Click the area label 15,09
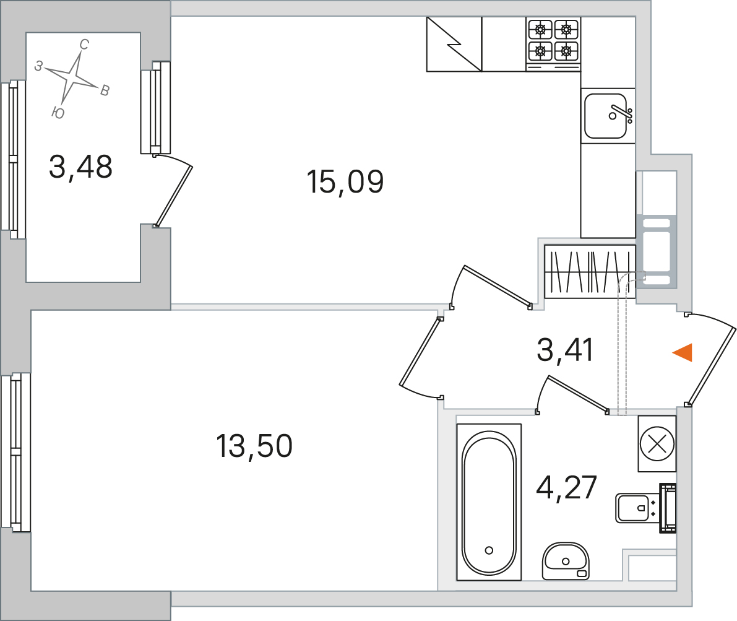[345, 181]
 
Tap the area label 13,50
[254, 446]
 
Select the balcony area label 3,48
[80, 167]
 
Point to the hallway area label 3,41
[565, 350]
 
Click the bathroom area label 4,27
[566, 487]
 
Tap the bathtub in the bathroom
[489, 502]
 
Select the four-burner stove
[553, 44]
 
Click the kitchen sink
[608, 116]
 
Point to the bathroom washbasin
[565, 561]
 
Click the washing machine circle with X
[657, 443]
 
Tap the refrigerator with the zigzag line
[454, 44]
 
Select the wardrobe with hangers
[590, 271]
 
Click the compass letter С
[84, 45]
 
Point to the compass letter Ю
[58, 113]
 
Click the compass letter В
[105, 91]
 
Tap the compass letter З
[39, 66]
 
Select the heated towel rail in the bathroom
[668, 508]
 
